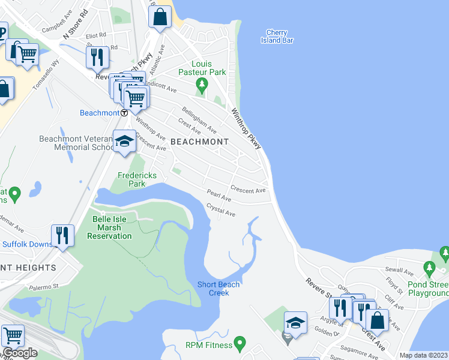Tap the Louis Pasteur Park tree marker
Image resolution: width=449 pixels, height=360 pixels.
(202, 84)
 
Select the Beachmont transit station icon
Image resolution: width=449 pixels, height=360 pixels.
(124, 112)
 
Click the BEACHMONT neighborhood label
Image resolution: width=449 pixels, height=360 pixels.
(200, 142)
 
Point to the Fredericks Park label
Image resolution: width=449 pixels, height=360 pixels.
(137, 179)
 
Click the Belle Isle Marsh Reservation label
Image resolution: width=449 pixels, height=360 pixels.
(109, 227)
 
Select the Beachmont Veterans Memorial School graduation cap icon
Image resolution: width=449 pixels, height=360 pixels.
(124, 141)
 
